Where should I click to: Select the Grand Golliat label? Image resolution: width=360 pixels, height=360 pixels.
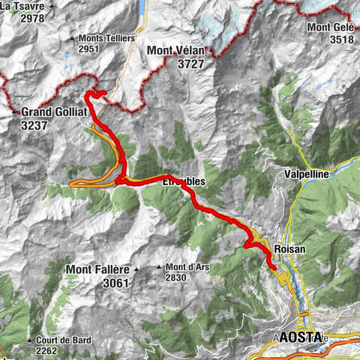(x=55, y=112)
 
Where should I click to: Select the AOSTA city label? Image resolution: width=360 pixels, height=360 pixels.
(x=300, y=337)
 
